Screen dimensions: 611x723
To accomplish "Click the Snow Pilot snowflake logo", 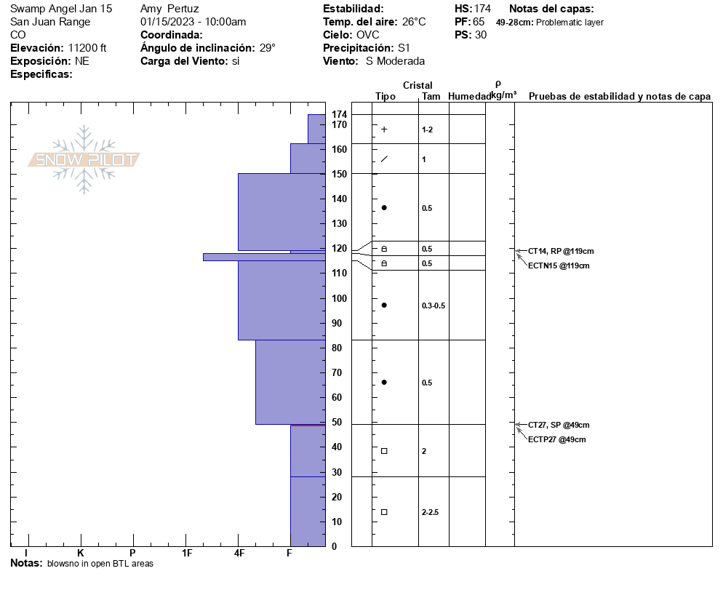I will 84,159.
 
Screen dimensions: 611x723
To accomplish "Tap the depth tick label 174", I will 339,115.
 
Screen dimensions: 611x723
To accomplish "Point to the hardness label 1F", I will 187,554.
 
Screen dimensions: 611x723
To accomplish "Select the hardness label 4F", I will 239,554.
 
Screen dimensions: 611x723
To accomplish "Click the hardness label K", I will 81,554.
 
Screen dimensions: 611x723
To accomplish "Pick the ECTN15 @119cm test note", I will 559,265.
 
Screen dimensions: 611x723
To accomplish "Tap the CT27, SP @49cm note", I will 559,425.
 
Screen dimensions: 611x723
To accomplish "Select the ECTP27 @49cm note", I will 557,439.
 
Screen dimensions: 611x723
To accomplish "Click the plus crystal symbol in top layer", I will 384,129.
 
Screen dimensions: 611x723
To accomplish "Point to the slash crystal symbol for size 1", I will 384,159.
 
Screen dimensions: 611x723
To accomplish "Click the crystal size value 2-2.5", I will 430,512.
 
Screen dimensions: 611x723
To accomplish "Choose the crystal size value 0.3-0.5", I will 434,305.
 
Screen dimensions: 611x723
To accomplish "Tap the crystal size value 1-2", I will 428,129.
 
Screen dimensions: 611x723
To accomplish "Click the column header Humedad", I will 469,96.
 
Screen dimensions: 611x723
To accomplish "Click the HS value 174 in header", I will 482,9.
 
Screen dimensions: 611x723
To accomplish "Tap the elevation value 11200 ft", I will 87,48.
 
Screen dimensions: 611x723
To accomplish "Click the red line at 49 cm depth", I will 307,425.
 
